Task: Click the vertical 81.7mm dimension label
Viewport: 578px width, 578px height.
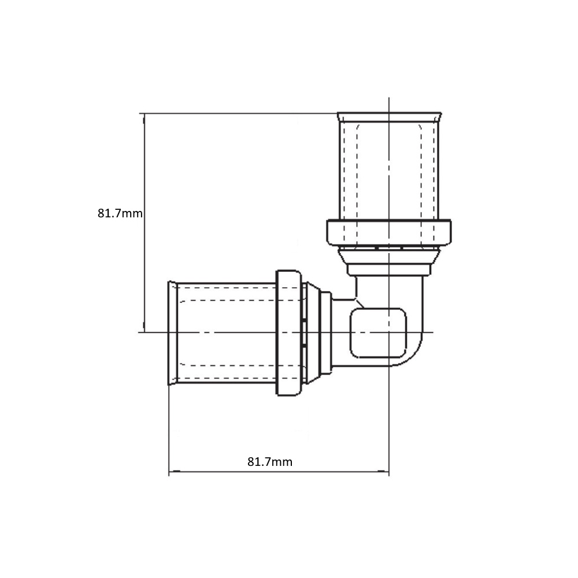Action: [120, 213]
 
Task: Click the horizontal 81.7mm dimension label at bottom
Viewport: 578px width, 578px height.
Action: [270, 461]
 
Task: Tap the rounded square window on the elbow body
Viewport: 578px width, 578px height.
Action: [378, 333]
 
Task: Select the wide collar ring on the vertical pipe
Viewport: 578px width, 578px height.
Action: [389, 232]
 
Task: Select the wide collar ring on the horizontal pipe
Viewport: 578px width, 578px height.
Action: [288, 333]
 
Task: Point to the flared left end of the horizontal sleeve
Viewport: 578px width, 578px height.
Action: [172, 333]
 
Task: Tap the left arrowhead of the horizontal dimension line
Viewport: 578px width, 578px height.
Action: [173, 471]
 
